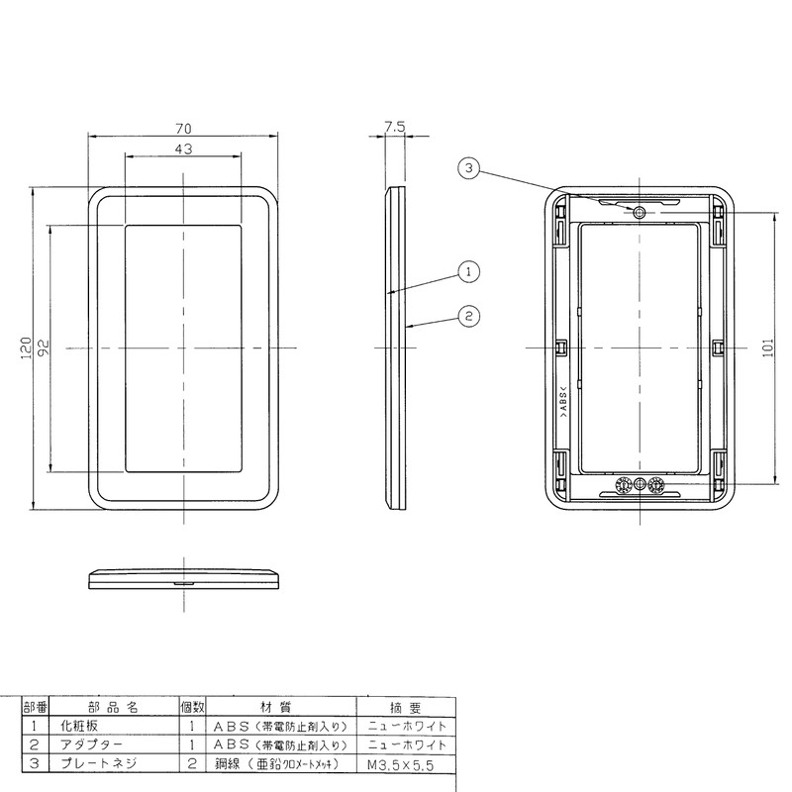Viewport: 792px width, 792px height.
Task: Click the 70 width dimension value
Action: tap(183, 129)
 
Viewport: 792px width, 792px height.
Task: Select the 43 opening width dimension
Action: tap(183, 148)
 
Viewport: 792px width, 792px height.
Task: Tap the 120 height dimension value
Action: tap(27, 348)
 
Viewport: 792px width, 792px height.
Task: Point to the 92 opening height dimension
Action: tap(44, 348)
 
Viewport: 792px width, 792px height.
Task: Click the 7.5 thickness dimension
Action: tap(394, 127)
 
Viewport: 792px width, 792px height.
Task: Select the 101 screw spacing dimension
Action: tap(768, 348)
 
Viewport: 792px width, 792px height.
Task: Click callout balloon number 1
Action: tap(468, 272)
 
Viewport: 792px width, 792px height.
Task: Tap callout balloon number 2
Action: tap(468, 316)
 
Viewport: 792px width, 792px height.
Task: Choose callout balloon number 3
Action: tap(468, 167)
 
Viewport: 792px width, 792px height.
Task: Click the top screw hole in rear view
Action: tap(640, 212)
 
